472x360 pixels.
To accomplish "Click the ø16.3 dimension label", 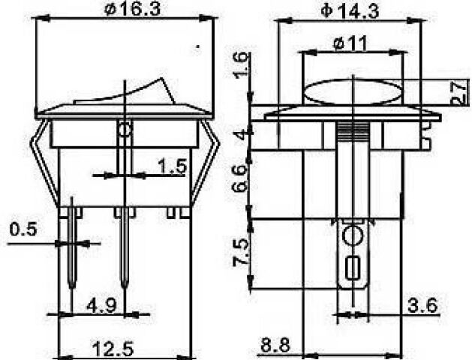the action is click(x=132, y=9).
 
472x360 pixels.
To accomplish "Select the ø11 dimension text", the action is click(x=350, y=43).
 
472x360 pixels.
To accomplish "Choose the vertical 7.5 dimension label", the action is click(x=241, y=252).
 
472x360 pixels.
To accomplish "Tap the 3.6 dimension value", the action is click(x=422, y=306).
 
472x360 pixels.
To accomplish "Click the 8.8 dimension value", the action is click(x=275, y=345).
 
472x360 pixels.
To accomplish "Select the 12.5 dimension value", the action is click(x=113, y=349).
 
